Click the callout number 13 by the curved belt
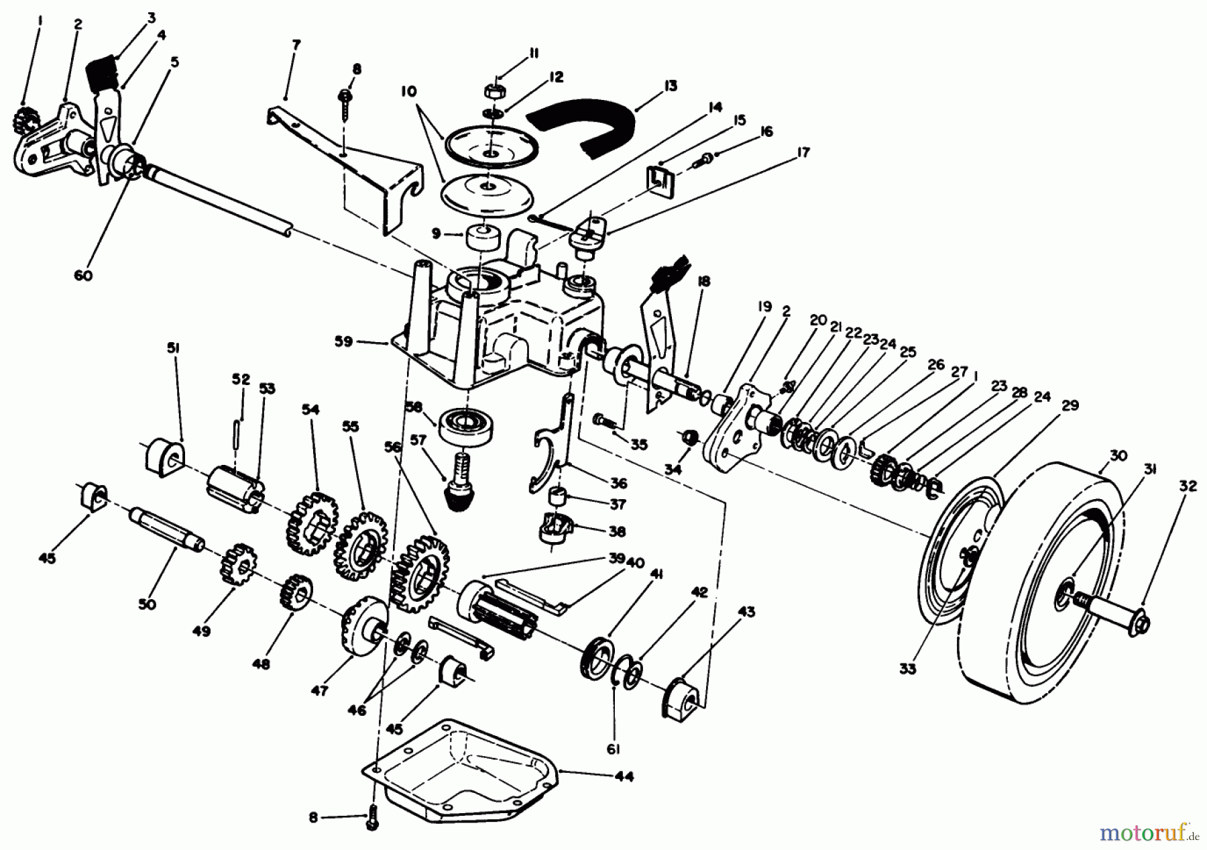click(670, 86)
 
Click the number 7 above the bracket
click(296, 46)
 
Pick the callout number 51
click(173, 348)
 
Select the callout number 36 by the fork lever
click(618, 483)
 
